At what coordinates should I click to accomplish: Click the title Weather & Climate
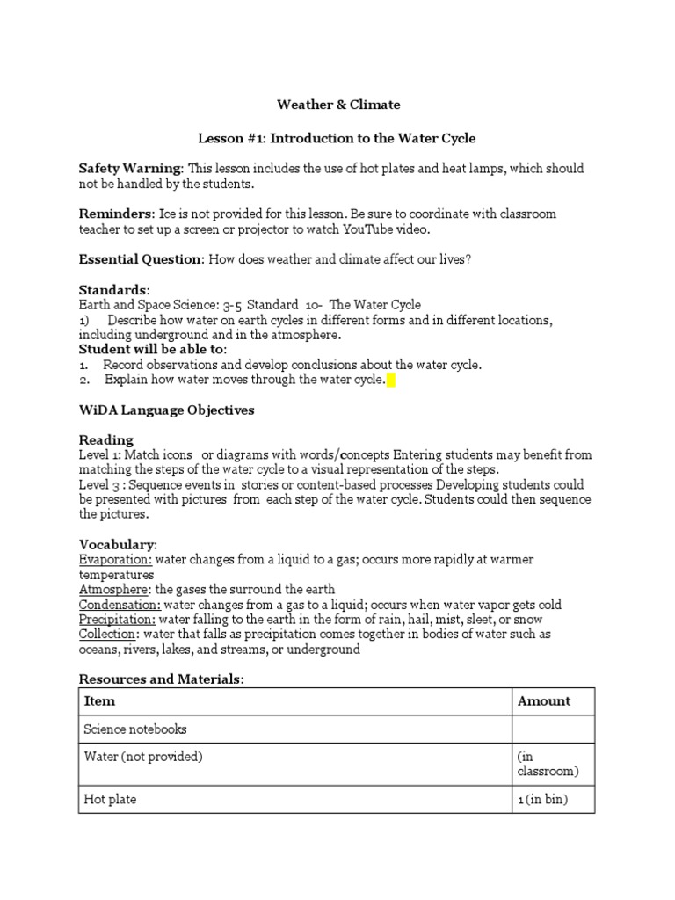click(338, 105)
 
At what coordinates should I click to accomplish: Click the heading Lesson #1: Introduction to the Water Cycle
click(337, 138)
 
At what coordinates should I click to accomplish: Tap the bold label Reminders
click(116, 214)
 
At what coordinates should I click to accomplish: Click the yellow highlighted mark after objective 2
click(391, 381)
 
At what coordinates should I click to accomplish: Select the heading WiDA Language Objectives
click(166, 410)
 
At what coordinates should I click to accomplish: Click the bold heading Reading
click(105, 439)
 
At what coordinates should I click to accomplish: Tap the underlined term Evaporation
click(115, 560)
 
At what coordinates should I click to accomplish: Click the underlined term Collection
click(107, 634)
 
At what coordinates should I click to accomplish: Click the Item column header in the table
click(98, 700)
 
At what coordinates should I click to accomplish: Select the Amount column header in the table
click(543, 700)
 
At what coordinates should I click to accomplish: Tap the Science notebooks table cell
click(134, 729)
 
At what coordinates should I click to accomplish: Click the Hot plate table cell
click(110, 799)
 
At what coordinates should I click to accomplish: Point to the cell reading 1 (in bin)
click(545, 799)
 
